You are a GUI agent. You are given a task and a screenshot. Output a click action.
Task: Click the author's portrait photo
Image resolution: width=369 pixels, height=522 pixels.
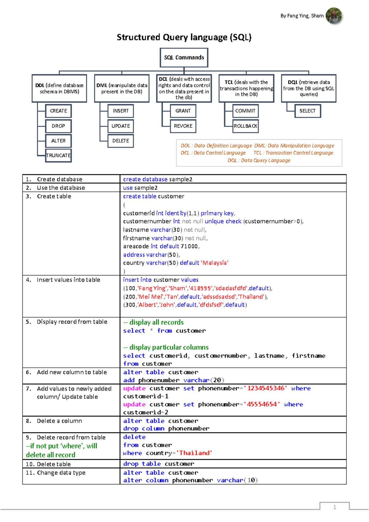334,16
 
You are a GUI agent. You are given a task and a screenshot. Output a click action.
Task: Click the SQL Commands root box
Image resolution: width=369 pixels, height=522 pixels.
184,58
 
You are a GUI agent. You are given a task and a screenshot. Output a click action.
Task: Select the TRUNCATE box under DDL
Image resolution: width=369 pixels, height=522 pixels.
58,155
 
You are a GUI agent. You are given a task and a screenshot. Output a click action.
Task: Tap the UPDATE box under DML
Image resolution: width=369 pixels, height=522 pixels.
121,126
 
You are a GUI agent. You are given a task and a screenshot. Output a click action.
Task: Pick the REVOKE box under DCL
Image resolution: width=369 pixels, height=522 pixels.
183,126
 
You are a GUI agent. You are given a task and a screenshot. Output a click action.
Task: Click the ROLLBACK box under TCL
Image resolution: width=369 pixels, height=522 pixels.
245,126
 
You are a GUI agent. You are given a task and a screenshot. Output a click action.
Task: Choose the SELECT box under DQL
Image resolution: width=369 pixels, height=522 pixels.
307,111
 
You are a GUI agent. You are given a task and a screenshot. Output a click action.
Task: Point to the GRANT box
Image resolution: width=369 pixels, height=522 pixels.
183,111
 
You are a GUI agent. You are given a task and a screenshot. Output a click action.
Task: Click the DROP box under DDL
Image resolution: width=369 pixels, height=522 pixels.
58,126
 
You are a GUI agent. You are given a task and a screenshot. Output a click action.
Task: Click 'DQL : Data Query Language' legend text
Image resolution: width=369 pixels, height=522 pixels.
259,160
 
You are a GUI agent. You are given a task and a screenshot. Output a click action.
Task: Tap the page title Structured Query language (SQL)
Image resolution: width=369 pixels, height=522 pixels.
184,37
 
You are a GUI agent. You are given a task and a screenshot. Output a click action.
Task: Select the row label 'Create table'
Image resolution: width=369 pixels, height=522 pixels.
54,196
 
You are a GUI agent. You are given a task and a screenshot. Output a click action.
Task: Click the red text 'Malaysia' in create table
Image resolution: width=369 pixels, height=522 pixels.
215,263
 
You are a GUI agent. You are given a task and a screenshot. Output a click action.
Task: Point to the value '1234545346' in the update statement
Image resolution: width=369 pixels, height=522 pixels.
266,388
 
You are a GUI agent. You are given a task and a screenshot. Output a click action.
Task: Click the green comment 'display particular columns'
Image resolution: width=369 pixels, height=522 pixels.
169,347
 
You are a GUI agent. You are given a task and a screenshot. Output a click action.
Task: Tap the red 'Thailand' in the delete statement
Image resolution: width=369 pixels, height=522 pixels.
196,453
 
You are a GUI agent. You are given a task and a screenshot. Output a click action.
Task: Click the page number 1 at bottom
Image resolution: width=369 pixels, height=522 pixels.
335,507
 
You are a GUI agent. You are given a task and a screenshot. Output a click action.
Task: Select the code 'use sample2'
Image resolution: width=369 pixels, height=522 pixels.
140,188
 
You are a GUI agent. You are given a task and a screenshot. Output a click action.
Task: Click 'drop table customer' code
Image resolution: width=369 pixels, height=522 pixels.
159,464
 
